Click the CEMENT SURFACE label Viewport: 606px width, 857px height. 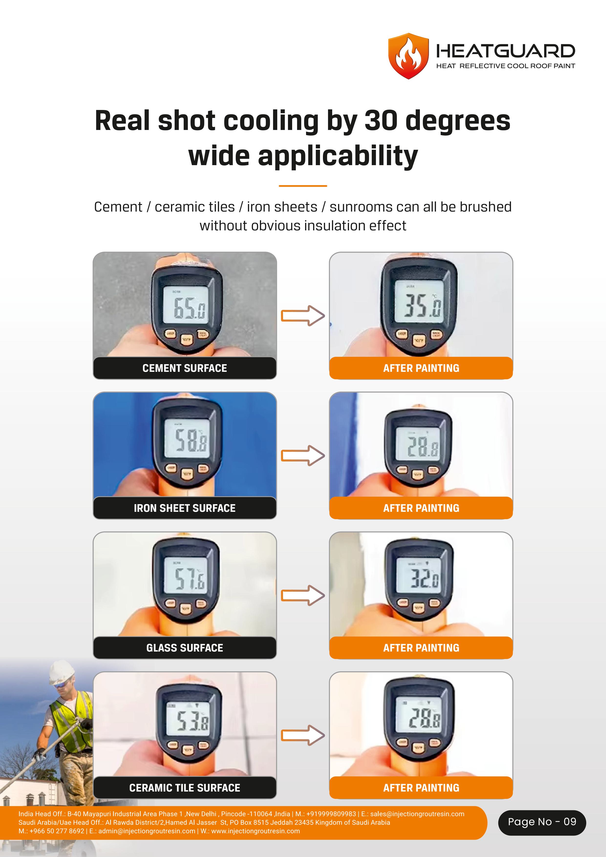tap(185, 368)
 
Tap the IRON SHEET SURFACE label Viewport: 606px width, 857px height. tap(185, 508)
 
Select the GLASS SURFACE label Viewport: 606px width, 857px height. tap(185, 648)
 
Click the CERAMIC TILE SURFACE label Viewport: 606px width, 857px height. tap(185, 788)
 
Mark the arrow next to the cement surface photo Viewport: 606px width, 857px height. tap(303, 316)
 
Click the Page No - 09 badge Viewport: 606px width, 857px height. tap(542, 822)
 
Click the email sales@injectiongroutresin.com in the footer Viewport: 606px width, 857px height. tap(417, 814)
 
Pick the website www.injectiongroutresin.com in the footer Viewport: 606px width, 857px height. tap(255, 831)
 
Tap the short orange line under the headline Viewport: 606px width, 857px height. tap(303, 185)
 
